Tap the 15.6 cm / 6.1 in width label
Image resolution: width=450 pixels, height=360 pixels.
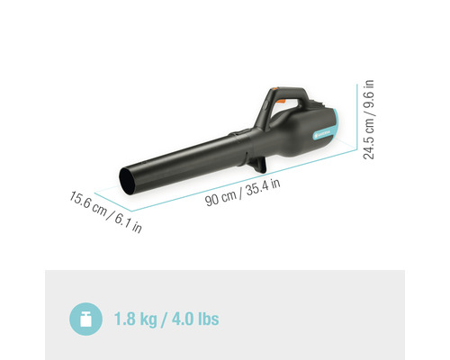105,211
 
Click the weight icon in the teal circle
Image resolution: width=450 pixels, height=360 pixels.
85,318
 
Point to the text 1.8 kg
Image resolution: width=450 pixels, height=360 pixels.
135,319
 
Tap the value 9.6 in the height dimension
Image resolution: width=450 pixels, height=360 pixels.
369,94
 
